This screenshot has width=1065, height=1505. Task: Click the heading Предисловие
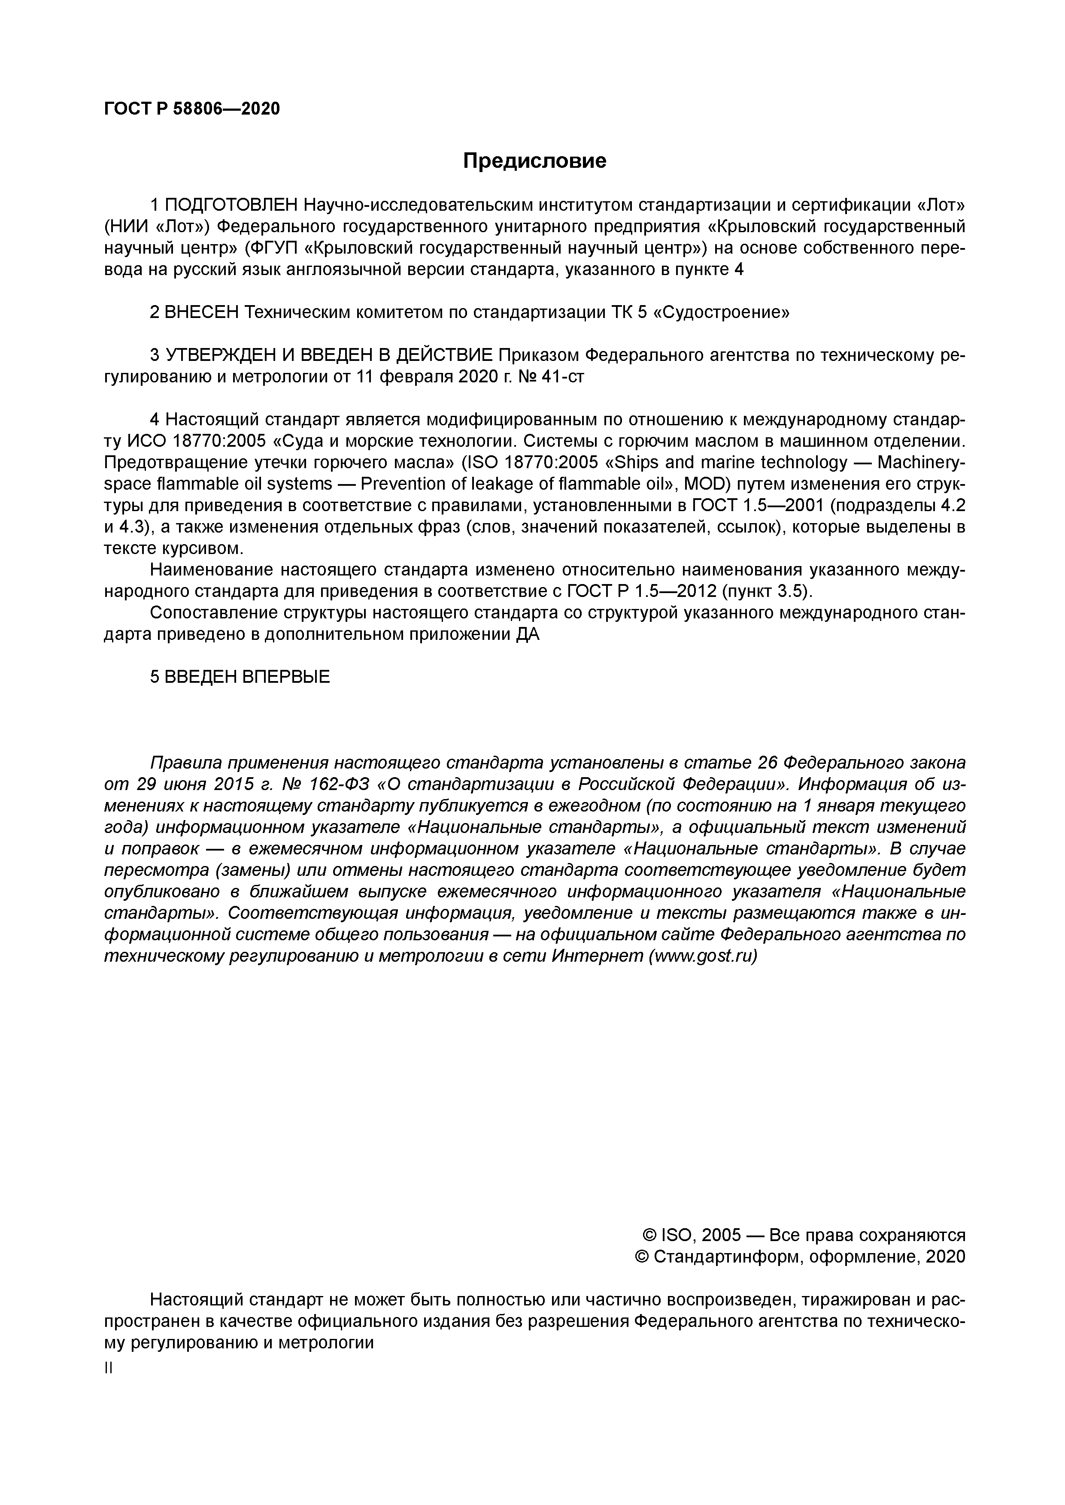[x=534, y=160]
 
